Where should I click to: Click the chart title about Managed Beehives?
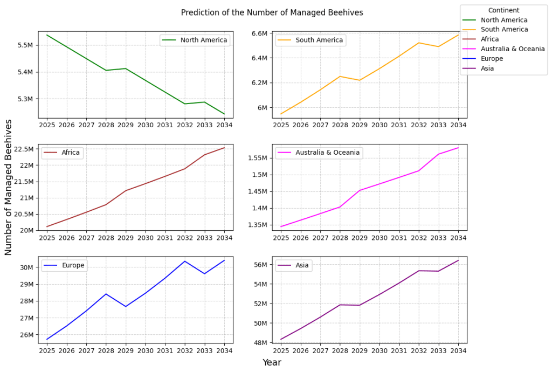tap(272, 12)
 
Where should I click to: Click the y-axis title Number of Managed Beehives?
tap(8, 187)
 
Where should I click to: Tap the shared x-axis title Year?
tap(272, 362)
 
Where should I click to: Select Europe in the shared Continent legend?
tap(492, 59)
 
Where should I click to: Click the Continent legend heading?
tap(503, 10)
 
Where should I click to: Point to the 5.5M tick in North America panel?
tap(25, 45)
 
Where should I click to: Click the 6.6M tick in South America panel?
tap(260, 33)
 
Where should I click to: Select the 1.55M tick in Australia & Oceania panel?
tap(257, 158)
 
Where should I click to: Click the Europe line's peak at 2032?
tap(185, 261)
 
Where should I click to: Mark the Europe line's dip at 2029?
tap(126, 307)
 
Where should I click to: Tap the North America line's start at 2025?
tap(47, 35)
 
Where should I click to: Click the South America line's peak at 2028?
tap(340, 76)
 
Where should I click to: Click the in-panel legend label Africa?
tap(71, 153)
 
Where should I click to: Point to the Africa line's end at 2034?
tap(224, 148)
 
